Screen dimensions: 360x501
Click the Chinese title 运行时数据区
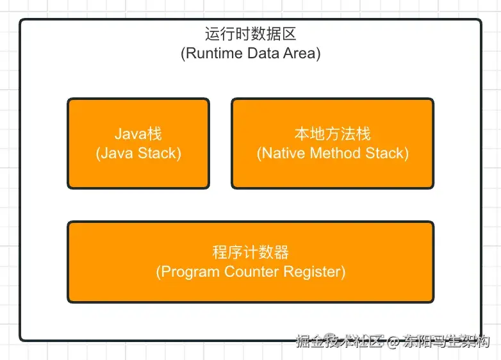[250, 35]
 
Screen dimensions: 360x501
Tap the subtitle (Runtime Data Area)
[250, 53]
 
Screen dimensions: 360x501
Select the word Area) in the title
[300, 53]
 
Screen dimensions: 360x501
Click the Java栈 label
[138, 135]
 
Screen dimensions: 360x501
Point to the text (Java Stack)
[138, 153]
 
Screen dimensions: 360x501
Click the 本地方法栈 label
[333, 135]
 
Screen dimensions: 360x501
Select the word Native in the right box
[281, 153]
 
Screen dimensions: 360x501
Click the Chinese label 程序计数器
[250, 252]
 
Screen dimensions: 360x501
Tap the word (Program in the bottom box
[188, 272]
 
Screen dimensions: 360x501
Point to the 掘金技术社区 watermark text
[339, 341]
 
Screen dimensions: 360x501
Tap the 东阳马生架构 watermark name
[447, 341]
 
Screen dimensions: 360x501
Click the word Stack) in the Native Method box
[387, 153]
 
